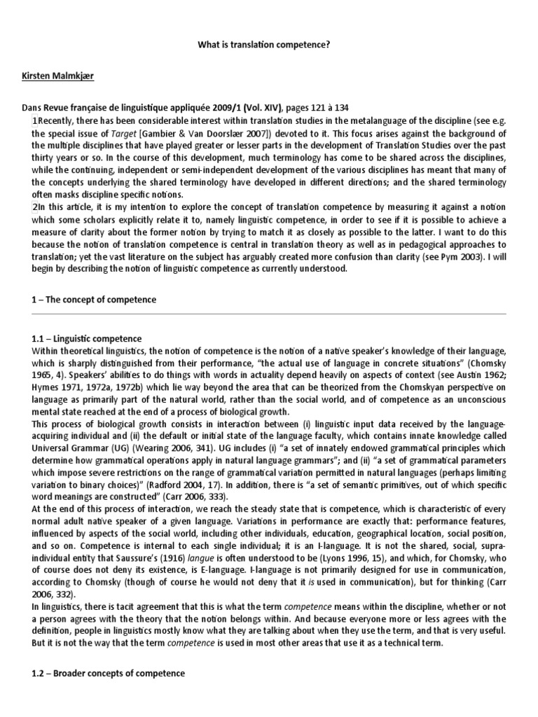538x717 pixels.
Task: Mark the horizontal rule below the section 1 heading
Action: click(x=269, y=315)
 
